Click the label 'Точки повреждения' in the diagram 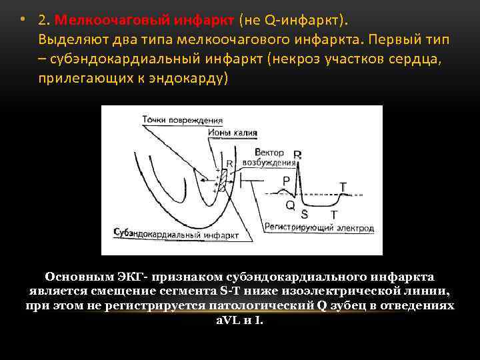point(182,120)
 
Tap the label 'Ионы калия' point(231,133)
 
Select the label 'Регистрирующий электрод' point(319,228)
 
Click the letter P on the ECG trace point(286,180)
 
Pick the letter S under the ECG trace point(304,214)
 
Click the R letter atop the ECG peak point(297,155)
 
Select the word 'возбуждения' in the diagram point(269,162)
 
